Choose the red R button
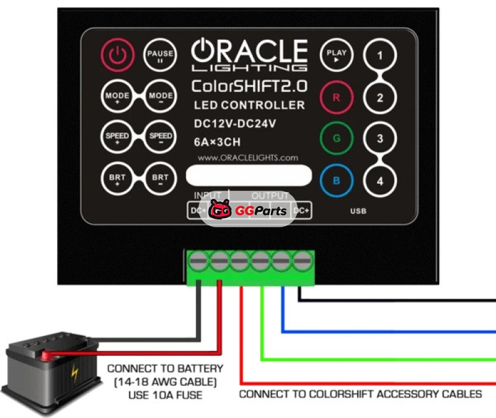[x=336, y=98]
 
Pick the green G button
[x=336, y=138]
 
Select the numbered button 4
[x=379, y=181]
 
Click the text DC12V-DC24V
[x=235, y=124]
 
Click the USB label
[x=358, y=211]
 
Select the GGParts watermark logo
[x=248, y=211]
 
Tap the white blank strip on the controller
[x=249, y=176]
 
